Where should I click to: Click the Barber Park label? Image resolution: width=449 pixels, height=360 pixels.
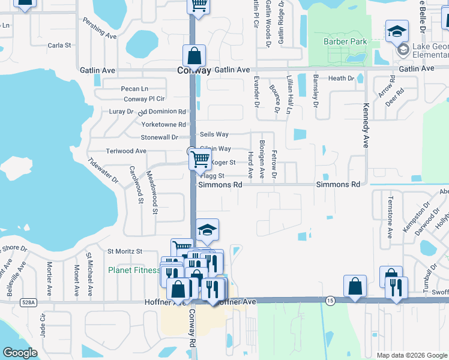(340, 41)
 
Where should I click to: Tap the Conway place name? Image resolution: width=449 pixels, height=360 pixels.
(194, 70)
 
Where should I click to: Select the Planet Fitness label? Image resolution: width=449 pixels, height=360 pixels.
(134, 270)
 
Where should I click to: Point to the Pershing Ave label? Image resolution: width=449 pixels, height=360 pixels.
(100, 32)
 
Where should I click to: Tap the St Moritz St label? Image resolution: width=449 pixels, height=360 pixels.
(124, 251)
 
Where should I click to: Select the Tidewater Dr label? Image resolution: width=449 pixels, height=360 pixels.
(103, 171)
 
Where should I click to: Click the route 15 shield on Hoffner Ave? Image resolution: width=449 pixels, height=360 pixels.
(330, 299)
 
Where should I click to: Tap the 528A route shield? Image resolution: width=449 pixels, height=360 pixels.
(26, 303)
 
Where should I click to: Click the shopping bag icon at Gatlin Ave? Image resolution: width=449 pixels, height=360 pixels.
(194, 56)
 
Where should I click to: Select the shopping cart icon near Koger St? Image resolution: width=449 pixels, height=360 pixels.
(200, 159)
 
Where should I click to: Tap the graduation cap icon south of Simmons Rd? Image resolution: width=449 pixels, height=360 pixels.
(206, 229)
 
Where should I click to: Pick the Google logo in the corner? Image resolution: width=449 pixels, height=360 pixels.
(20, 352)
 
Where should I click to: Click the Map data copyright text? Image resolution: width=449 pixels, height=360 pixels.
(411, 355)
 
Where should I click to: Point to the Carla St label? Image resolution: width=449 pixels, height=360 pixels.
(59, 45)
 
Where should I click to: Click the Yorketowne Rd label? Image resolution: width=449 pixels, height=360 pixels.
(163, 124)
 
